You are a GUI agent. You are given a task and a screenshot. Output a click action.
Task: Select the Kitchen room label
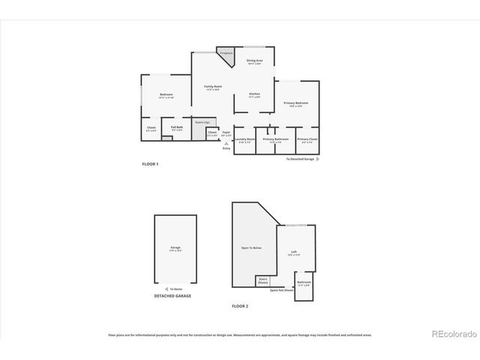[x=255, y=94]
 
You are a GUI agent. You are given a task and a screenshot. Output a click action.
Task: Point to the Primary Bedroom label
[x=295, y=103]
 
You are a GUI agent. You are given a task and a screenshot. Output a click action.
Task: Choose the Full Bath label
[x=177, y=127]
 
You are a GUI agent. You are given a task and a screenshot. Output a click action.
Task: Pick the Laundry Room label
[x=245, y=139]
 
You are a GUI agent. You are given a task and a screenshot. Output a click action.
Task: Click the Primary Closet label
[x=307, y=139]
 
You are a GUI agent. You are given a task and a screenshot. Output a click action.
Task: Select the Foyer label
[x=226, y=133]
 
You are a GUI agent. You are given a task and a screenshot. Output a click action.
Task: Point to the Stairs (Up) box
[x=202, y=121]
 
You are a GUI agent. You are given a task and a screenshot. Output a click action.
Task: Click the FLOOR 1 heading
[x=150, y=163]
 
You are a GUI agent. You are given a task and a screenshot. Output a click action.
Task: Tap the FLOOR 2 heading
[x=239, y=306]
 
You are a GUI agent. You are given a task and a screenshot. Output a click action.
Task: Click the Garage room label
[x=175, y=248]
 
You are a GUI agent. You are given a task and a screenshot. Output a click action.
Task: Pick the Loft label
[x=295, y=251]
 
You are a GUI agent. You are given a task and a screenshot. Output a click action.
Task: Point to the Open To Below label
[x=250, y=247]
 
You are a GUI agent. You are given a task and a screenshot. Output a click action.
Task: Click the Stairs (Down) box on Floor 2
[x=262, y=280]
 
